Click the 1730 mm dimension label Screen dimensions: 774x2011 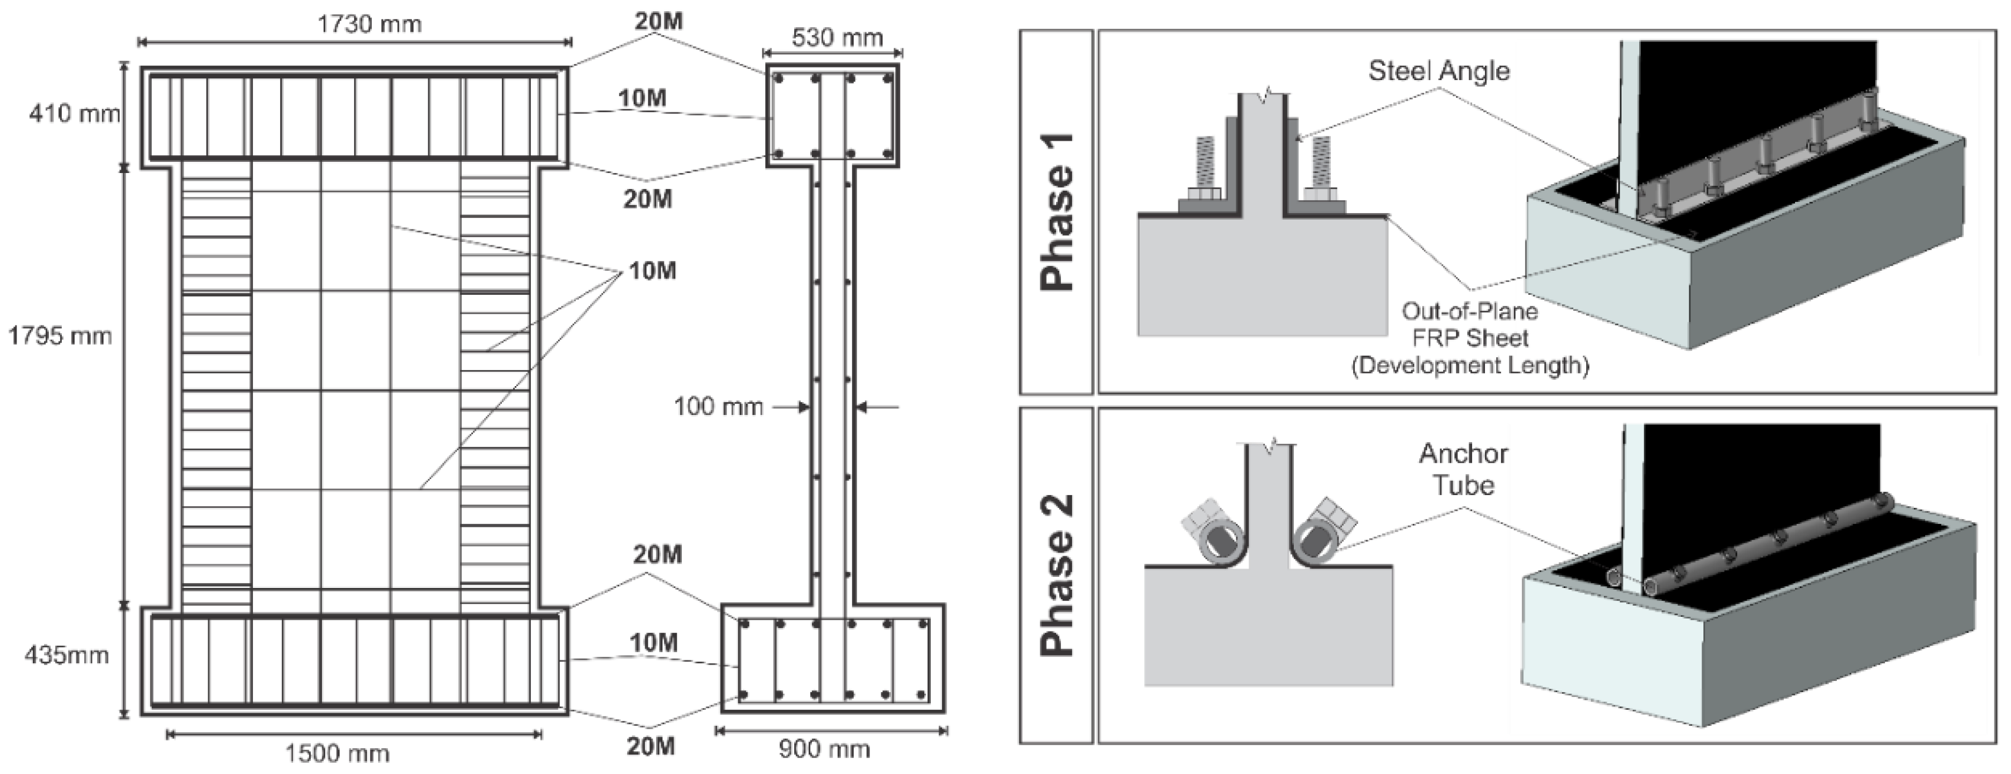click(369, 24)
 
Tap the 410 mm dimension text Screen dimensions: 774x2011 click(74, 114)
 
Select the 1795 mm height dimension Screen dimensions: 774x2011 click(59, 337)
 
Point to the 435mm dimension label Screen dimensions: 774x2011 click(66, 655)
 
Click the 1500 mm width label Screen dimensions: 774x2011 click(337, 753)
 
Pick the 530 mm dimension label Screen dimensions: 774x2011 click(837, 38)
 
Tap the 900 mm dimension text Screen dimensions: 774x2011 click(824, 750)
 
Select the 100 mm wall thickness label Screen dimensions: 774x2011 click(718, 407)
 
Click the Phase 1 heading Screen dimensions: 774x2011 click(1057, 212)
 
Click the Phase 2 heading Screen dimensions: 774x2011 click(1057, 575)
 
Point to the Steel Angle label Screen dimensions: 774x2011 click(1439, 71)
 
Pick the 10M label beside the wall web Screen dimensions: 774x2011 click(652, 271)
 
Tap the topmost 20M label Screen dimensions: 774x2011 click(658, 21)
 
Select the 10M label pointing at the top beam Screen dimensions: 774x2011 click(642, 98)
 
